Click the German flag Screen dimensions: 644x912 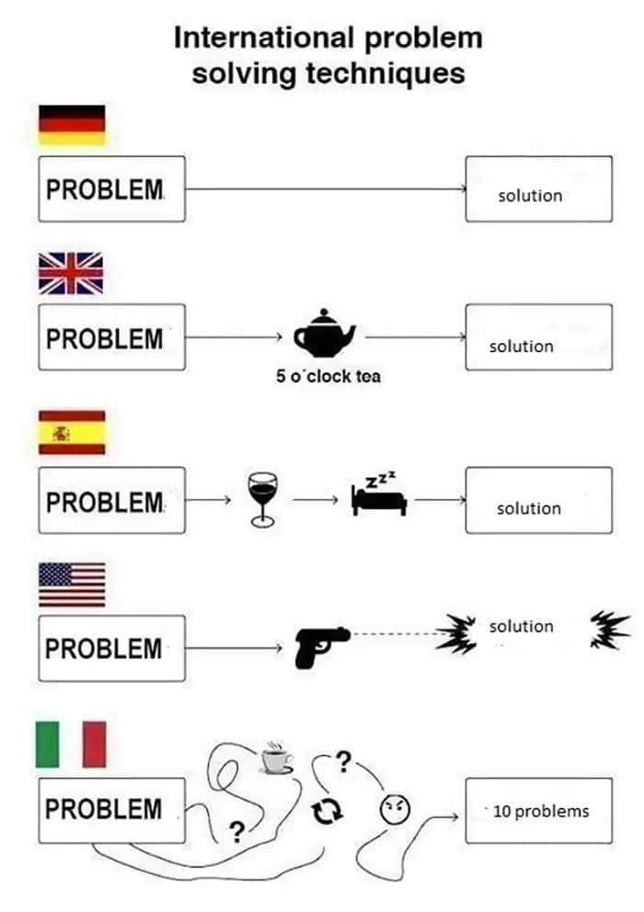[72, 125]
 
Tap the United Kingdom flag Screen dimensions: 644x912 [71, 273]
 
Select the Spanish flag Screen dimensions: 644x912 [72, 432]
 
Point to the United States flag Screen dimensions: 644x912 [72, 585]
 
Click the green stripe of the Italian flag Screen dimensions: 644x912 [47, 745]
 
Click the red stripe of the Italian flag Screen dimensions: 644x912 [95, 745]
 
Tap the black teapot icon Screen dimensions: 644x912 [325, 334]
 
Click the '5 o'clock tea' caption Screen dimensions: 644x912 [328, 376]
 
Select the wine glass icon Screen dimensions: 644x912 [262, 499]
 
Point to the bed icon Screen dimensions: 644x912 [379, 500]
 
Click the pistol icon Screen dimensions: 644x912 [321, 647]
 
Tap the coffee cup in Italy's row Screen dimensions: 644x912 [276, 758]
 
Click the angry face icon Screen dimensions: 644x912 [395, 809]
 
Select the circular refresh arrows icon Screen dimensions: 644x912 [328, 810]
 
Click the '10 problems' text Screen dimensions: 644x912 [541, 812]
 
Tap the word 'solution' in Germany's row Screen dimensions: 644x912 [530, 196]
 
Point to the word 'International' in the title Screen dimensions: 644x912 [264, 38]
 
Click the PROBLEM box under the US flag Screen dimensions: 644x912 [112, 648]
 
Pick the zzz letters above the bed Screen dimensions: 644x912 [381, 479]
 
